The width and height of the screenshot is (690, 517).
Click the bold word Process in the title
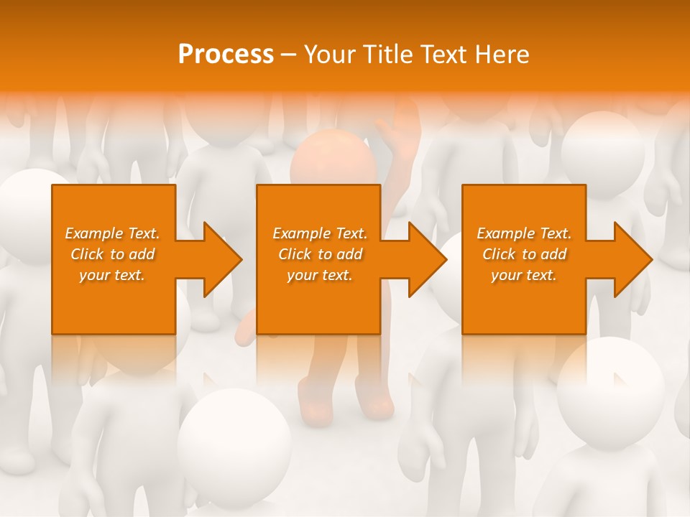point(226,55)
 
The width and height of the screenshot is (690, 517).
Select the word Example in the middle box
point(300,233)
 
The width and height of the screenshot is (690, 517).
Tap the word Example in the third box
point(505,233)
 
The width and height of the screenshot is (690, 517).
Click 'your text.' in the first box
point(112,275)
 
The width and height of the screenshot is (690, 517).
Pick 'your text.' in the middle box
point(320,275)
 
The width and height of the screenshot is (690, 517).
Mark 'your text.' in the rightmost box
point(524,275)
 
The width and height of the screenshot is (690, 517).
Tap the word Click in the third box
point(499,254)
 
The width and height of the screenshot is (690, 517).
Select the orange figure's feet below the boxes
point(345,402)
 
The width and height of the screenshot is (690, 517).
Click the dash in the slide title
point(289,55)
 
